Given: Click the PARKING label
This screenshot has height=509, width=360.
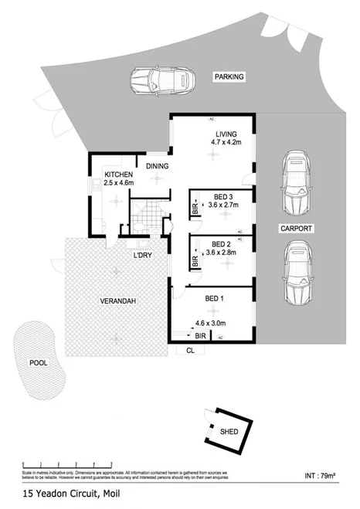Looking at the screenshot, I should tap(229, 76).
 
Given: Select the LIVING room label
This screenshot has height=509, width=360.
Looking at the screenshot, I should tap(226, 133).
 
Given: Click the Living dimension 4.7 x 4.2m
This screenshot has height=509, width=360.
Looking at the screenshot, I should tap(226, 142).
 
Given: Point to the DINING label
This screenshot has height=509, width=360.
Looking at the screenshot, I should tap(157, 165).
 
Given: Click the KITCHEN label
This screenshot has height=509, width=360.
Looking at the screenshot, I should tap(119, 175).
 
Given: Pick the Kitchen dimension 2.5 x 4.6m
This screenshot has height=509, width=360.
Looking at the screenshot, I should tap(119, 185).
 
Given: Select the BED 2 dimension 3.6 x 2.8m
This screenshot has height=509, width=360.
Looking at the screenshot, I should tap(221, 252).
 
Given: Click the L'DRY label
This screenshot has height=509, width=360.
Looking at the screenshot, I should tap(143, 256).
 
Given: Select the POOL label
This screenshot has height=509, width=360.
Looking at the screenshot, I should tap(38, 361).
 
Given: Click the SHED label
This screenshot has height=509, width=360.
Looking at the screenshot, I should tap(229, 433).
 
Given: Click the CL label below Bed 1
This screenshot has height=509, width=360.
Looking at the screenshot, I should tap(190, 350).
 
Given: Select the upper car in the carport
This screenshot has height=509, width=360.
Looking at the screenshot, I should tap(296, 182).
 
